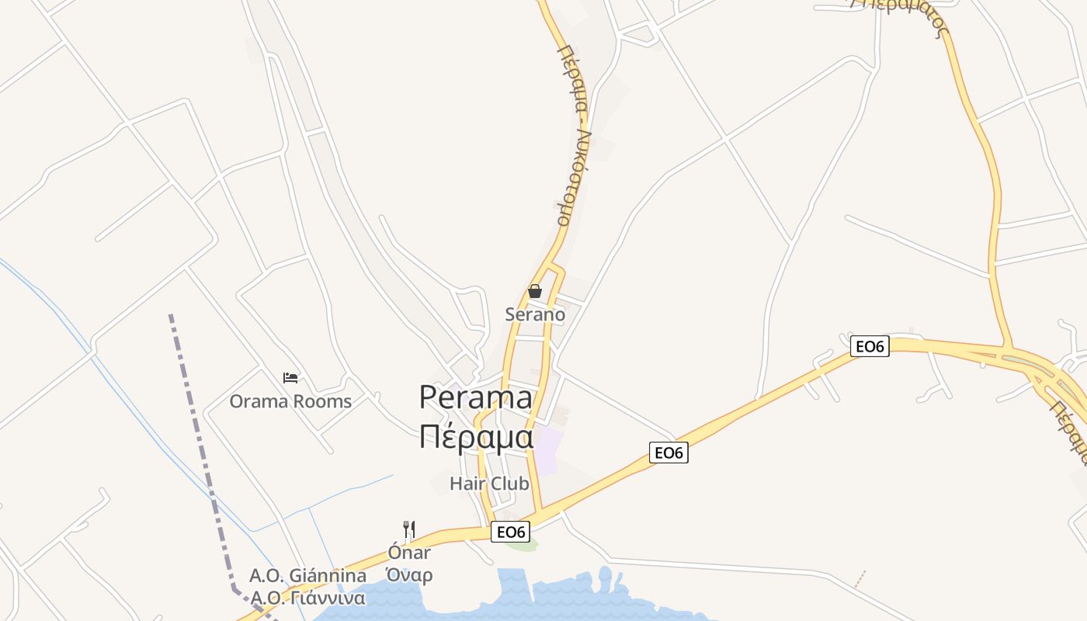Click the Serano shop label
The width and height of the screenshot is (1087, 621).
pos(535,314)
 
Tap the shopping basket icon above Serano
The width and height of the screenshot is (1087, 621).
pos(535,291)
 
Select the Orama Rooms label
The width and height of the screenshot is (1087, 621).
pos(290,401)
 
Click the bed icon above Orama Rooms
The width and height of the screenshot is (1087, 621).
pos(290,378)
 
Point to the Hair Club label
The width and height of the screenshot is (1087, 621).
pos(489,484)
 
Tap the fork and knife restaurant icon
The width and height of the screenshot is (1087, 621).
pos(409,529)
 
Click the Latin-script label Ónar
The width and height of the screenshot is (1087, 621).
pos(409,553)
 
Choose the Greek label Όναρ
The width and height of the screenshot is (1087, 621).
pos(409,575)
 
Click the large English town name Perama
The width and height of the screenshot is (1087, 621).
pos(476,397)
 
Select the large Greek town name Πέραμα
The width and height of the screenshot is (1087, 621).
pos(476,437)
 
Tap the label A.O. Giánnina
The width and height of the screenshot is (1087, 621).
pos(307,576)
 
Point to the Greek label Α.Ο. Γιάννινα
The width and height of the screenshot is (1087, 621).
pos(307,598)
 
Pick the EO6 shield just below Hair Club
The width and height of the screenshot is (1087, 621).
pos(512,532)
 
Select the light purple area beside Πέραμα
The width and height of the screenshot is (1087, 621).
pos(547,450)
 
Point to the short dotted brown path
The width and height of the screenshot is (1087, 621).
pos(860,579)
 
